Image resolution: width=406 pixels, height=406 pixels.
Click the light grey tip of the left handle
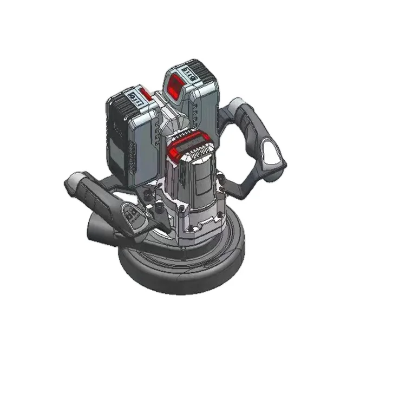[73, 181]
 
